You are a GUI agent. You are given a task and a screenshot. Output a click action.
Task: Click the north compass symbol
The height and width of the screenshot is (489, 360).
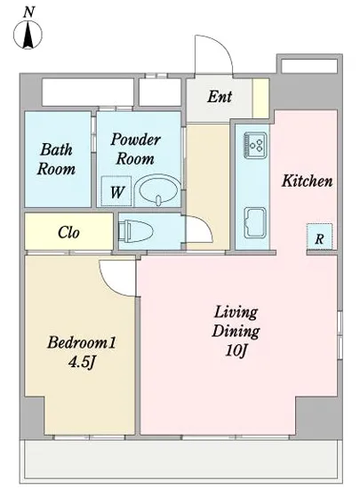(28, 34)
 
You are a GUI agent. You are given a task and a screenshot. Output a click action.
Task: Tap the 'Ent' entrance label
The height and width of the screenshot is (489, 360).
(220, 96)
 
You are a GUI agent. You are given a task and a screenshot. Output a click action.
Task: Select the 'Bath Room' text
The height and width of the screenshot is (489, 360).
(56, 159)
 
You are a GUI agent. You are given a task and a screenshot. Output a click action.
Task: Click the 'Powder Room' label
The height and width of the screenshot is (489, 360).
(136, 149)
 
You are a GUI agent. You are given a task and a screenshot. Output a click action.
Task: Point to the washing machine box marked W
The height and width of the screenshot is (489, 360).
(116, 191)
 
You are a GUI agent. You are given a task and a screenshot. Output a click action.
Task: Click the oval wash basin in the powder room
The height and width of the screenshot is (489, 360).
(158, 190)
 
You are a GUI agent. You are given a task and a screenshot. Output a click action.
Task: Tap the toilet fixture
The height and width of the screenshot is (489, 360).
(136, 231)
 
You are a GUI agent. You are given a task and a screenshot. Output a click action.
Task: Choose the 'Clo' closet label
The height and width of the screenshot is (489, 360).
(68, 232)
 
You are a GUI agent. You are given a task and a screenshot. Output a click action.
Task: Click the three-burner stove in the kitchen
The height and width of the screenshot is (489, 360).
(256, 145)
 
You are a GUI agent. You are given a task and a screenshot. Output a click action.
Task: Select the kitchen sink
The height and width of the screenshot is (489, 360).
(255, 222)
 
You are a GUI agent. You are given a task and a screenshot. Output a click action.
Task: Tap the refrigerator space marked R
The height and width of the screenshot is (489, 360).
(319, 236)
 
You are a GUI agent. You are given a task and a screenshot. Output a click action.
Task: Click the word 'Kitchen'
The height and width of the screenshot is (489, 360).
(307, 180)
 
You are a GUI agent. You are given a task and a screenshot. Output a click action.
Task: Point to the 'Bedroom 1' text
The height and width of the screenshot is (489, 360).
(82, 342)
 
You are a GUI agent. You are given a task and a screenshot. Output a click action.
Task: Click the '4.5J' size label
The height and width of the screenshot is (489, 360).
(82, 362)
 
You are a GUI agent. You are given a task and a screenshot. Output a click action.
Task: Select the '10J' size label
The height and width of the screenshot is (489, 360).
(236, 351)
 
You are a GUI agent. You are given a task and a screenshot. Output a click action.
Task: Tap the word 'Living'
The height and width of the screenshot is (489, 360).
(236, 312)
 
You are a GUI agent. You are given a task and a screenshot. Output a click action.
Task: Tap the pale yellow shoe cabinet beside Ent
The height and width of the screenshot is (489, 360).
(260, 98)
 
